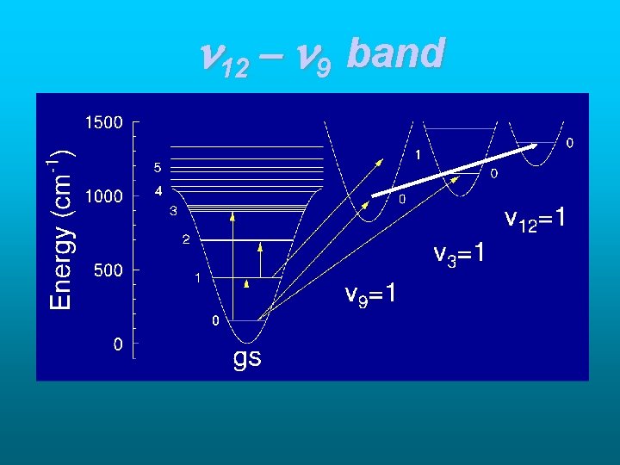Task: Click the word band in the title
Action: point(396,54)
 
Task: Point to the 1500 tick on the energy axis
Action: point(103,123)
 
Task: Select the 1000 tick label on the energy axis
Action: point(103,196)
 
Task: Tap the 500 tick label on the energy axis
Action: point(108,270)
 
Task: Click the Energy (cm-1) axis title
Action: point(60,229)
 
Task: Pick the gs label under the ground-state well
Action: point(247,358)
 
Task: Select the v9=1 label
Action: point(370,294)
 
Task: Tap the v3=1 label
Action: point(459,253)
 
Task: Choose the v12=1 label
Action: point(535,220)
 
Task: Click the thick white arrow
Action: point(455,170)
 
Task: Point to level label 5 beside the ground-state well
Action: point(158,166)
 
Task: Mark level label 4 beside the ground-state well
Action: point(158,191)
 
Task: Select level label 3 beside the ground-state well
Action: point(173,210)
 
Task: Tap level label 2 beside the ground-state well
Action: point(186,239)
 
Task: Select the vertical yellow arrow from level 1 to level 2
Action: point(261,258)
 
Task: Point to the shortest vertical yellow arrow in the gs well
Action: point(247,282)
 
